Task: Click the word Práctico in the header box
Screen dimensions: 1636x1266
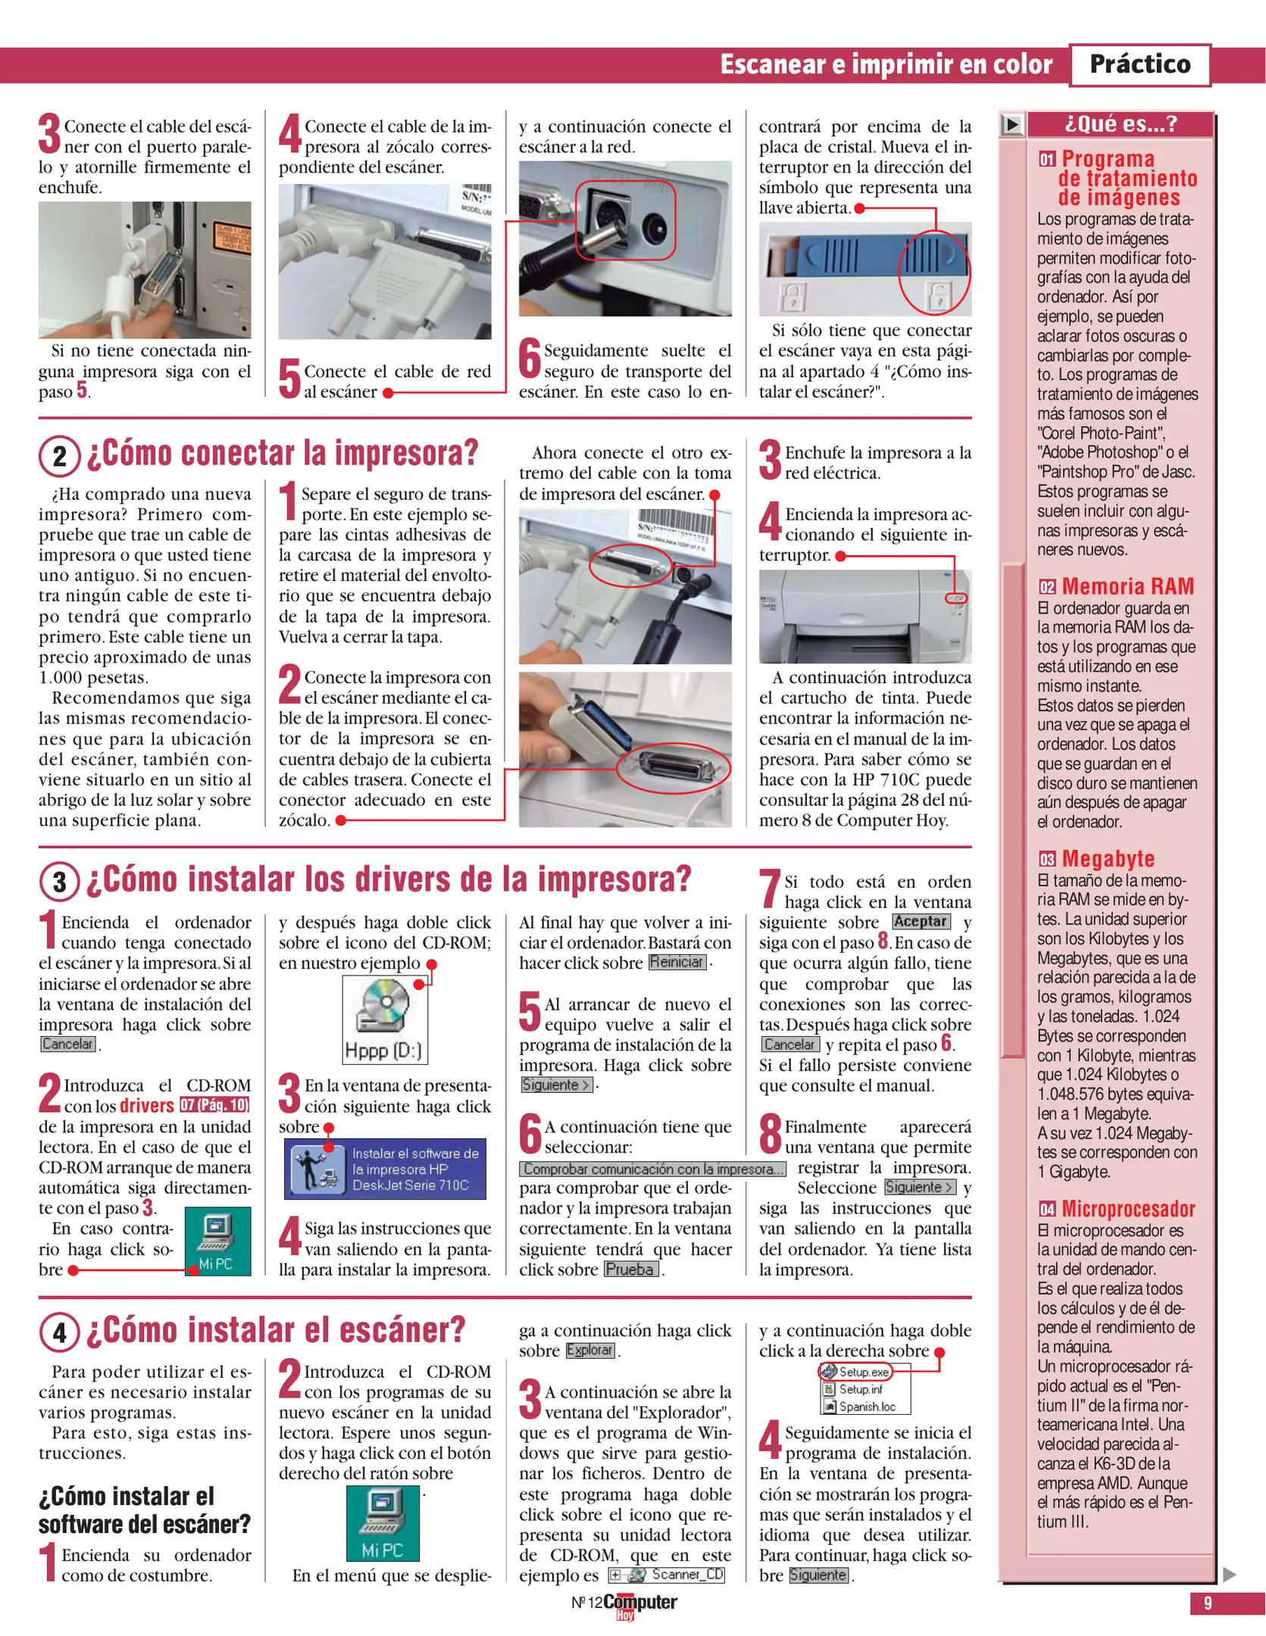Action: [1139, 64]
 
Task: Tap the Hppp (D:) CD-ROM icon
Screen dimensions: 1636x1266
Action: [384, 1019]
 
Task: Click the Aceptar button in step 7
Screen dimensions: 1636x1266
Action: [920, 922]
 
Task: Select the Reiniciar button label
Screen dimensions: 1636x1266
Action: [677, 962]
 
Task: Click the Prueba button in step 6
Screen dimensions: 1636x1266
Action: [630, 1269]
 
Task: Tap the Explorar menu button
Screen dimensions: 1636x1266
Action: [589, 1350]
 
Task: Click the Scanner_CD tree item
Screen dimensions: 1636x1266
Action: [667, 1575]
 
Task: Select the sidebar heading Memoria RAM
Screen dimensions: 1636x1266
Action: [1127, 586]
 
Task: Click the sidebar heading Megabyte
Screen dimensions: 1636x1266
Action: [1107, 858]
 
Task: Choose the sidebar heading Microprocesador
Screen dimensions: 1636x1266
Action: [1127, 1208]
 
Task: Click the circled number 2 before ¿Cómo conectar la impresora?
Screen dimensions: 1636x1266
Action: [60, 457]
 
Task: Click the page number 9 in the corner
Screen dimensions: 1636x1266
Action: [1208, 1603]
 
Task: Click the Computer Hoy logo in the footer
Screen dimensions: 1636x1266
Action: [639, 1603]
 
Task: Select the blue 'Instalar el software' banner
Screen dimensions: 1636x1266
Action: [385, 1169]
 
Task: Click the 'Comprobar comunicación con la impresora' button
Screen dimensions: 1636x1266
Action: [652, 1169]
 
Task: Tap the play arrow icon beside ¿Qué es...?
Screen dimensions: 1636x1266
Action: [1011, 124]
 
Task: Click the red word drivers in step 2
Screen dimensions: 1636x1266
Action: [147, 1106]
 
